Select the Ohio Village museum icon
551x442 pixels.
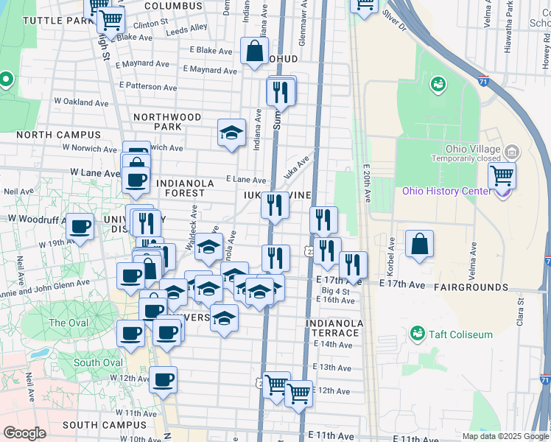[512, 152]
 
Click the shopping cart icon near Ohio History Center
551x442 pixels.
[502, 176]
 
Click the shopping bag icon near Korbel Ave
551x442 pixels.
[419, 245]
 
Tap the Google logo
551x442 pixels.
[24, 433]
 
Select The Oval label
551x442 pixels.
[67, 323]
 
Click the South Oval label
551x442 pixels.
[97, 362]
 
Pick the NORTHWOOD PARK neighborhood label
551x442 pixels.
[167, 122]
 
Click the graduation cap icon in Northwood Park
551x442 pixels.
[231, 133]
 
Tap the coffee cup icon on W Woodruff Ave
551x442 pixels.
[80, 227]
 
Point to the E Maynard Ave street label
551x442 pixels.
[211, 70]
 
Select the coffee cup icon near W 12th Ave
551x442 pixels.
[164, 380]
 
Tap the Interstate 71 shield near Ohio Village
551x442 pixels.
[483, 77]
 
